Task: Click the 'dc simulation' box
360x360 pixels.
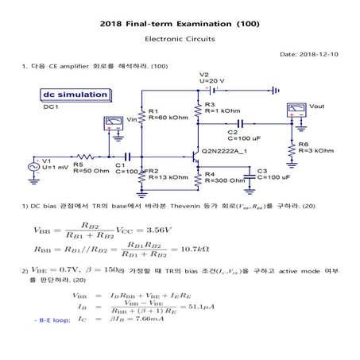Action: [x=75, y=95]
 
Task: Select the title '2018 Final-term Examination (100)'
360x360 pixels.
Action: [x=180, y=24]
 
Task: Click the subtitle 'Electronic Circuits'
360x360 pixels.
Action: [x=180, y=38]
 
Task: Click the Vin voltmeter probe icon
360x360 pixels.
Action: [x=116, y=123]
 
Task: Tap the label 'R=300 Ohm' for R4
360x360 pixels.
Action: [x=226, y=180]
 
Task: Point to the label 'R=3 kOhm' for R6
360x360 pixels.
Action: [x=314, y=149]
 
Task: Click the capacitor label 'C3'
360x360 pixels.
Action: [x=262, y=171]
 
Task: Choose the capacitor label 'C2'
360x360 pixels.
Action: [x=232, y=132]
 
